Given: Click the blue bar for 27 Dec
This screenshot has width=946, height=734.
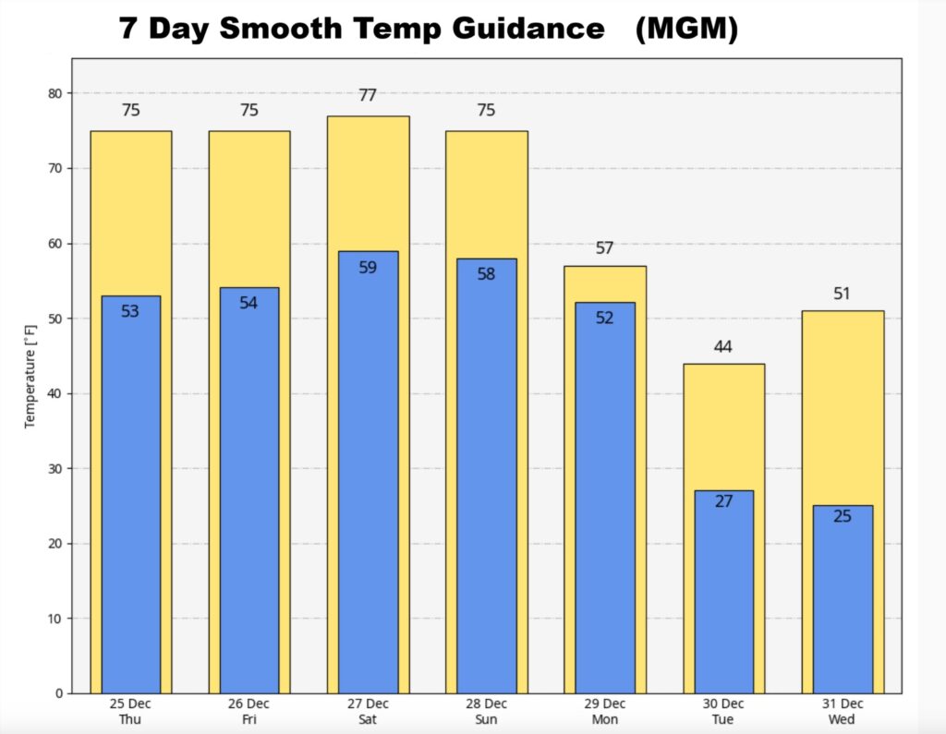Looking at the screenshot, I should coord(368,471).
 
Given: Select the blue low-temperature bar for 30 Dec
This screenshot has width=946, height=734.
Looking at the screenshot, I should coord(723,591).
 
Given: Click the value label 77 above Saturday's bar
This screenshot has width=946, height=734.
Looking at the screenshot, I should coord(368,95).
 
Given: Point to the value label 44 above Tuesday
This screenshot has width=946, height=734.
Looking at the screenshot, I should coord(723,347).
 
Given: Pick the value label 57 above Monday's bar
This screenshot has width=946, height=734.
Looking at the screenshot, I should coord(605,248).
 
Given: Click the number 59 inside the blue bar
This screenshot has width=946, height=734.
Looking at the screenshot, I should coord(368,268).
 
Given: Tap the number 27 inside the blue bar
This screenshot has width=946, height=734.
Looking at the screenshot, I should coord(723,501).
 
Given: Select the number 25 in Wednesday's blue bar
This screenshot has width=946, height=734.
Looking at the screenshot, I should coord(843,516).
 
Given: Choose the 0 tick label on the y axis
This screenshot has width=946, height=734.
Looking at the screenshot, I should coord(59,693).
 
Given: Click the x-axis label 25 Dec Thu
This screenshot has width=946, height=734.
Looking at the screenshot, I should coord(130,712).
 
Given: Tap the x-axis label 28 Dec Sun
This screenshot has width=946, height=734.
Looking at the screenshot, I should coord(486,712).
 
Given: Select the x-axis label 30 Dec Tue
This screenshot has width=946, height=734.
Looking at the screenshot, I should coord(723,712).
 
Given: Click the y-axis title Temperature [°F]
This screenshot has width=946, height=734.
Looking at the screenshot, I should coord(30,377).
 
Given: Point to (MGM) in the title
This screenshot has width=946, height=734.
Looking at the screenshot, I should coord(687,30).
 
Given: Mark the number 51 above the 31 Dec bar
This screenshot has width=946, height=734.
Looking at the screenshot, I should coord(843,295).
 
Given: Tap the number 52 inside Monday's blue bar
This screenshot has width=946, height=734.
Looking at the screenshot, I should coord(605,318).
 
